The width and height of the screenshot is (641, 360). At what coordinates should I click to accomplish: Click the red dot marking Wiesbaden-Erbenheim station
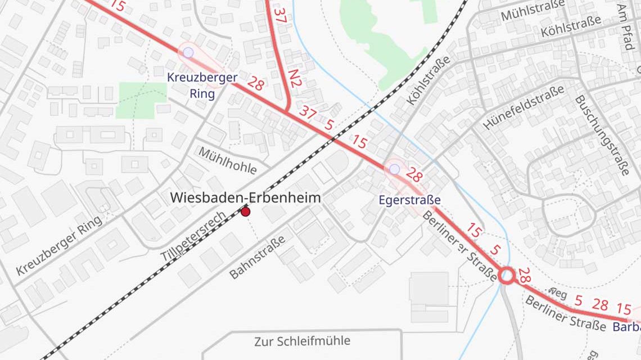click(x=245, y=211)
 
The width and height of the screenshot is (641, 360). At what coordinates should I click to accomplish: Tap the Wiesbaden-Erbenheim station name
click(x=246, y=197)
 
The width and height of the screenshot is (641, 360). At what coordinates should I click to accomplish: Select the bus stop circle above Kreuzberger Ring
click(x=188, y=52)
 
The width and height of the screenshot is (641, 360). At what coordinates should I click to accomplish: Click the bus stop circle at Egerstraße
click(x=394, y=169)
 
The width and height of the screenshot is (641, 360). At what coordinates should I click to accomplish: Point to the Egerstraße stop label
click(x=409, y=200)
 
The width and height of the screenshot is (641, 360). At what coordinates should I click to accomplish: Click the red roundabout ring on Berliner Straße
click(x=507, y=276)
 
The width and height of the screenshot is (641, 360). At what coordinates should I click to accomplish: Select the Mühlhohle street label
click(x=227, y=161)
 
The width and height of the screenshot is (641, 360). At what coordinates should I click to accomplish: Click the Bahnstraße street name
click(x=258, y=257)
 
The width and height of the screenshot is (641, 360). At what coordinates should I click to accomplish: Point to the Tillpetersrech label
click(x=194, y=236)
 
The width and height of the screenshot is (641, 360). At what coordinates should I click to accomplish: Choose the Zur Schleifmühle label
click(x=302, y=341)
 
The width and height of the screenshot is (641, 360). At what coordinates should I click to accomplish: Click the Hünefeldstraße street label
click(x=523, y=107)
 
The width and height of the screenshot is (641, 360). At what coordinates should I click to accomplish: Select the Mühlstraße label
click(x=532, y=11)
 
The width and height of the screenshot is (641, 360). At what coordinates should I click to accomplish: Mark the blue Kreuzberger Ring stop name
click(x=202, y=85)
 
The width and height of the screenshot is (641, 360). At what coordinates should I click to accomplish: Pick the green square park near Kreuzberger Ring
click(x=141, y=100)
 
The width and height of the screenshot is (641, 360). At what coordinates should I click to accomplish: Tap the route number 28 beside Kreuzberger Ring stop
click(x=255, y=84)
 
